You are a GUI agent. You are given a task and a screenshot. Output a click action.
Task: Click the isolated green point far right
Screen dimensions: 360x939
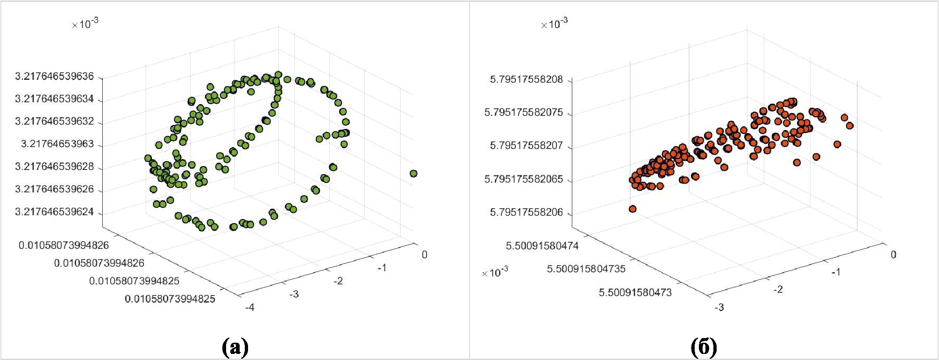[x=413, y=174]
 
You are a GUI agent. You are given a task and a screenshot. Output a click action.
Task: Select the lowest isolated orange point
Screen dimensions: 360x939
[x=633, y=209]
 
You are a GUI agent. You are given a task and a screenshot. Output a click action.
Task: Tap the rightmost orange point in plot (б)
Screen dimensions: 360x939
[x=850, y=126]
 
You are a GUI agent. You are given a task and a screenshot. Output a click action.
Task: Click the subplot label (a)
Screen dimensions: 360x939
[x=235, y=347]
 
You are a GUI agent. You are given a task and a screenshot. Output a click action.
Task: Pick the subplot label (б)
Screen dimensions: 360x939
[x=704, y=347]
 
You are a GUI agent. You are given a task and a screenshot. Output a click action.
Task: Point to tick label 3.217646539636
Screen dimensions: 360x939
[x=54, y=76]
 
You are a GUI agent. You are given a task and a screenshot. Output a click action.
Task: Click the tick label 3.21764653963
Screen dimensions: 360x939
[x=57, y=144]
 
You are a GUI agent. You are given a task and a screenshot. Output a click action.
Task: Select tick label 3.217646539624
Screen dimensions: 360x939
[x=54, y=212]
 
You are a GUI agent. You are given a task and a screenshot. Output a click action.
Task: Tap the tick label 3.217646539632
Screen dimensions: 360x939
[x=54, y=121]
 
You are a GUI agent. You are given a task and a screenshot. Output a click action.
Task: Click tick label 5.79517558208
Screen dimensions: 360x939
[x=526, y=79]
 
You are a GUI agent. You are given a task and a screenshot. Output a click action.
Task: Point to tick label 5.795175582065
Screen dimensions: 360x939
[x=524, y=179]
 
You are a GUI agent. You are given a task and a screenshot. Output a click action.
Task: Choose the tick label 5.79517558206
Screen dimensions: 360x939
[x=526, y=212]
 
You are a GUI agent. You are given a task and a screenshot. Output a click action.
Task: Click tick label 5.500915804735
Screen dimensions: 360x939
[x=586, y=269]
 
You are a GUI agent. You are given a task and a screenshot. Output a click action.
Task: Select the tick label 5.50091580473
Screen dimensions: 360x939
[x=635, y=293]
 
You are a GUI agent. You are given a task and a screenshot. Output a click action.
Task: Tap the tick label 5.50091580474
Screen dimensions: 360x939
[x=542, y=246]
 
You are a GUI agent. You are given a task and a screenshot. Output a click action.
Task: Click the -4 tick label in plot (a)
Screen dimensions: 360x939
[x=250, y=307]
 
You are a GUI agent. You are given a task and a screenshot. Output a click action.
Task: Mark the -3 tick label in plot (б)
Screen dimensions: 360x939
[x=719, y=307]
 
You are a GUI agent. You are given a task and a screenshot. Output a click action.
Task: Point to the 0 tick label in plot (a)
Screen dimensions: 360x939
[x=424, y=255]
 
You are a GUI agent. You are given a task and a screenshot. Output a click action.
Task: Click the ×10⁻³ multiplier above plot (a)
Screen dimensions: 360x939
[x=85, y=24]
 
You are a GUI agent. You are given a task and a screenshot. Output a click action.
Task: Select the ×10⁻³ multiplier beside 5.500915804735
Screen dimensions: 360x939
[x=495, y=272]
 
